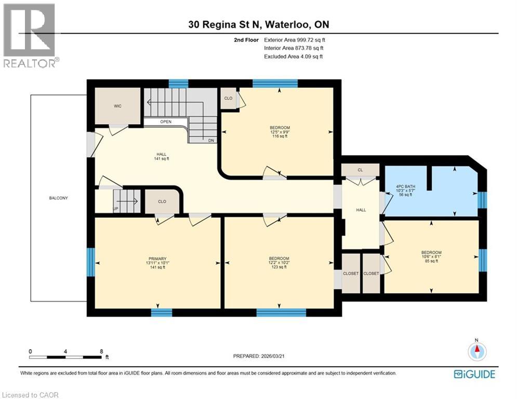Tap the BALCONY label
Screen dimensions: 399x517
pos(59,198)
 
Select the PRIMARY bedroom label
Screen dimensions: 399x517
pos(157,259)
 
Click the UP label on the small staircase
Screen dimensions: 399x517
pos(116,209)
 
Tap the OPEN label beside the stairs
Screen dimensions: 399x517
pos(166,122)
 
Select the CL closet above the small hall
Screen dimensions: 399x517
pos(360,170)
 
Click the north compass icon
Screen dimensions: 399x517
pos(476,351)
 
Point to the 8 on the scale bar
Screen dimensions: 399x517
pos(101,351)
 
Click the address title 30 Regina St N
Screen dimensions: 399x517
pos(259,24)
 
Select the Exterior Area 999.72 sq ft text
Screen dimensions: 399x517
pos(295,39)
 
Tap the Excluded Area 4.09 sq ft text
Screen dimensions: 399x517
pos(293,56)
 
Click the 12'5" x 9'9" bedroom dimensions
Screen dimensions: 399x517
pos(280,132)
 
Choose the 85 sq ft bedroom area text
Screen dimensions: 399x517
pos(431,261)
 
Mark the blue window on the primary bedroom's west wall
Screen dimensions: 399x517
pos(90,261)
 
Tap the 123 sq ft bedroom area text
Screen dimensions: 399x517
pos(279,267)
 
